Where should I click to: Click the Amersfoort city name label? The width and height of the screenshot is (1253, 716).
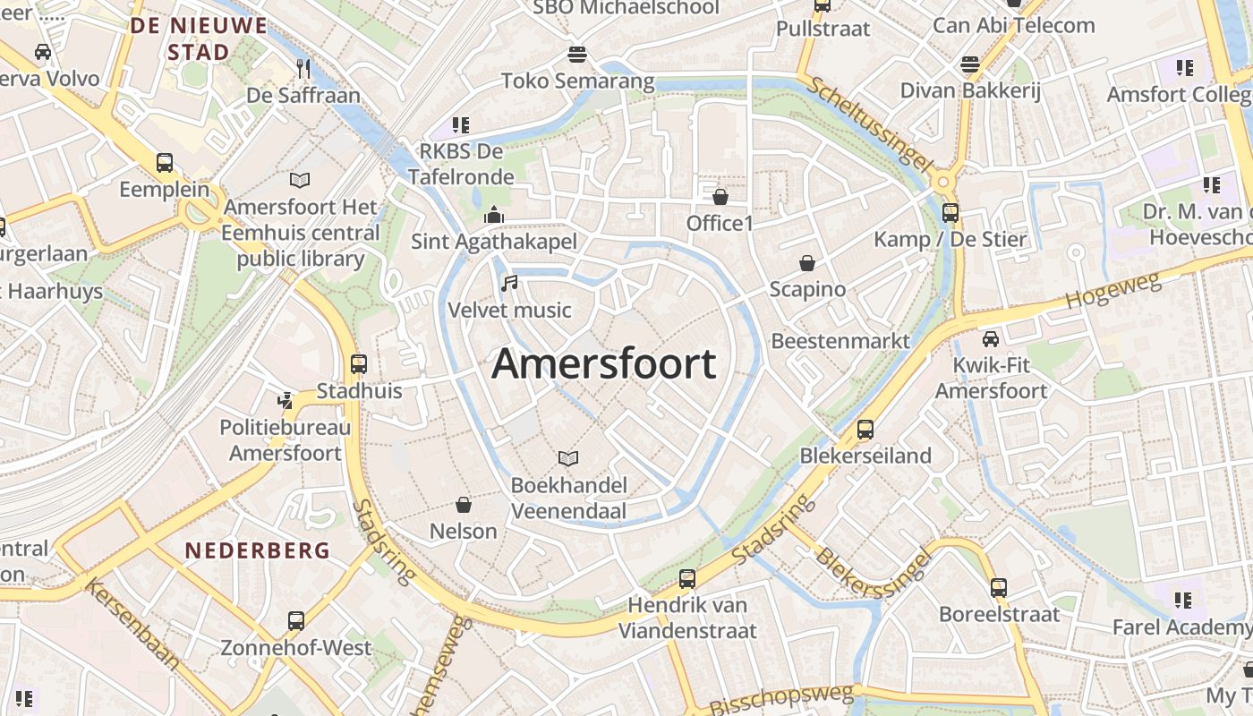[x=604, y=363]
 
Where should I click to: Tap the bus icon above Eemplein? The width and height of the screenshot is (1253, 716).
[x=165, y=163]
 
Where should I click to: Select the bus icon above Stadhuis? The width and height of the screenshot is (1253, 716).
[x=359, y=364]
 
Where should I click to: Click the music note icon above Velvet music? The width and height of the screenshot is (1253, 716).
[x=509, y=284]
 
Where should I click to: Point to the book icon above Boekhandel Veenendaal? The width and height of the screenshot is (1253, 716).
[x=568, y=459]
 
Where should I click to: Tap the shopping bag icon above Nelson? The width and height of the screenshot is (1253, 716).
[x=464, y=505]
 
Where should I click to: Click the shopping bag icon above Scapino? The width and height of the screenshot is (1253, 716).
[x=807, y=263]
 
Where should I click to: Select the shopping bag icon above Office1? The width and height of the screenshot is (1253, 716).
[x=720, y=197]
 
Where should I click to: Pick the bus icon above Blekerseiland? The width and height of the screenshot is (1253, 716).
[x=865, y=429]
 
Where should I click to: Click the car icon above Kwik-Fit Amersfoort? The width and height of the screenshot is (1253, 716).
[x=991, y=339]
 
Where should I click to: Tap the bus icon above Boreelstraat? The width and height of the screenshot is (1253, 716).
[x=999, y=588]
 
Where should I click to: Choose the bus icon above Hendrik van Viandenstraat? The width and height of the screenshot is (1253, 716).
[x=687, y=579]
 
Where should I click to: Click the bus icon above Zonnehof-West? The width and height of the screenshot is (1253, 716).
[x=296, y=620]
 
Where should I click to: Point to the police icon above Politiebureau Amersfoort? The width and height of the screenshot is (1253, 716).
[x=286, y=400]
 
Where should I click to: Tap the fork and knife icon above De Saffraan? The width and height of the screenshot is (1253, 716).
[x=303, y=68]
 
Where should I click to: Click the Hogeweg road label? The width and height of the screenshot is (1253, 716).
[x=1113, y=293]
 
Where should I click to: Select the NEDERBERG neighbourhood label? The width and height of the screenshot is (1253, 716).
[x=258, y=550]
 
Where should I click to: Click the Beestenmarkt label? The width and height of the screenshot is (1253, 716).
[x=840, y=341]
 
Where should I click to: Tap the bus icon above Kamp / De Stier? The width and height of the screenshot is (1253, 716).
[x=950, y=213]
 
